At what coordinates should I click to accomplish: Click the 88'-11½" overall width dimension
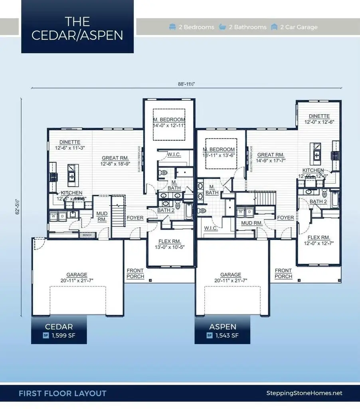[x=186, y=84]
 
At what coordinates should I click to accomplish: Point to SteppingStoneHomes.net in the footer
[x=304, y=393]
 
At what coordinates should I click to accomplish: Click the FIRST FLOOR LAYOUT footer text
[x=63, y=393]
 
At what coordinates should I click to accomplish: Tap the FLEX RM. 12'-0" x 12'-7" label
[x=318, y=240]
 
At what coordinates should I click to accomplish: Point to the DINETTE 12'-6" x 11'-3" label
[x=70, y=145]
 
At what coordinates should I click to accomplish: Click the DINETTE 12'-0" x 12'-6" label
[x=319, y=119]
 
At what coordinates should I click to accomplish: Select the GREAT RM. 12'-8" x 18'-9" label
[x=115, y=161]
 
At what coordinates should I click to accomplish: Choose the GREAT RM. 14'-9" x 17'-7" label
[x=271, y=158]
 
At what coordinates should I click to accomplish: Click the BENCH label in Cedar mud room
[x=87, y=235]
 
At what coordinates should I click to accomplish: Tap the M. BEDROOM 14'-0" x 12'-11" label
[x=169, y=123]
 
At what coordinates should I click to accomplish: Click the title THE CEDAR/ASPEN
[x=77, y=28]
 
